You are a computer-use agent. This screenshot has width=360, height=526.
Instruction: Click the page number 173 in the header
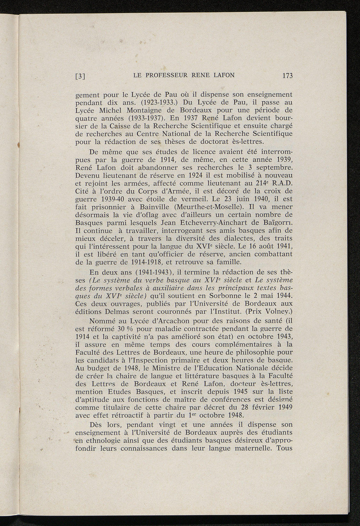[x=287, y=76]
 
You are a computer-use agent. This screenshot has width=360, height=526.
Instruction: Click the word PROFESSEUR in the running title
[x=167, y=75]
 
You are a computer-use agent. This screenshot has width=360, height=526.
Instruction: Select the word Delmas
[x=120, y=311]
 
